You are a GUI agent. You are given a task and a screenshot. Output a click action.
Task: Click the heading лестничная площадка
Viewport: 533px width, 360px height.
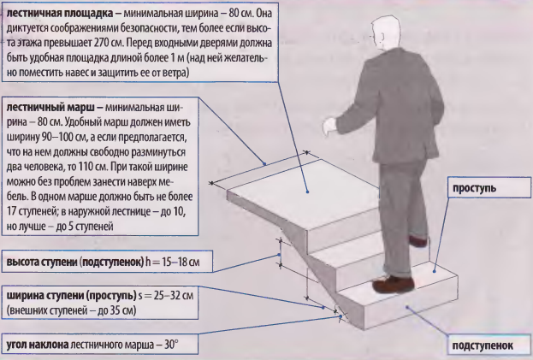point(60,13)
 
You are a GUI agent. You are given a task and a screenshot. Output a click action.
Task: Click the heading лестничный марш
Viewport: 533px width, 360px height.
point(50,108)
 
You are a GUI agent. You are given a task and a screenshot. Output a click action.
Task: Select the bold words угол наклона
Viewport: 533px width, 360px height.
point(38,345)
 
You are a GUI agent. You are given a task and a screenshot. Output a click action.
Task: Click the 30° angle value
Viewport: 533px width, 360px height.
point(171,345)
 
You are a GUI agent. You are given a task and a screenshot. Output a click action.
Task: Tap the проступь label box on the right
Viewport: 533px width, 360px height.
point(489,187)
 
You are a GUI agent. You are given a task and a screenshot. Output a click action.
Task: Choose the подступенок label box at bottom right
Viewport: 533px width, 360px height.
point(489,346)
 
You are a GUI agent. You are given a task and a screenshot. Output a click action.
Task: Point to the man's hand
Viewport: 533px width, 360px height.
point(329,126)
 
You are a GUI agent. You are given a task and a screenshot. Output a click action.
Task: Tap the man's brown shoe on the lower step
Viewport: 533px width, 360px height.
point(394,284)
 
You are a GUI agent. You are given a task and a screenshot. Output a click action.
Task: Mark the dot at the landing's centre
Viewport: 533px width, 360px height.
point(307,192)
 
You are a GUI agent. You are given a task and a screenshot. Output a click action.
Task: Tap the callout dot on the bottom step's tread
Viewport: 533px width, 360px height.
point(434,271)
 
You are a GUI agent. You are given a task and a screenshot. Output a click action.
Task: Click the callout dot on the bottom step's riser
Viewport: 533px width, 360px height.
point(406,307)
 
